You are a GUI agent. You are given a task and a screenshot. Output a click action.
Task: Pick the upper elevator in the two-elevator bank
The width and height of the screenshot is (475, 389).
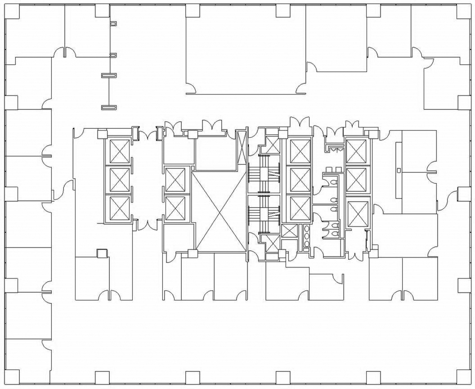click(x=175, y=179)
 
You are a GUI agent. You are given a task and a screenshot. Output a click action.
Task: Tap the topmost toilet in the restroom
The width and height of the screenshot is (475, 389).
click(x=333, y=181)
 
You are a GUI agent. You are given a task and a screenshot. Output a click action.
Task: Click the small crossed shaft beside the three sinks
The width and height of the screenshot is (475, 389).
click(x=289, y=231)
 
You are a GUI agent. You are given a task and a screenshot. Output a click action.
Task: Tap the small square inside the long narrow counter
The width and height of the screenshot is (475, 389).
click(x=399, y=170)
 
